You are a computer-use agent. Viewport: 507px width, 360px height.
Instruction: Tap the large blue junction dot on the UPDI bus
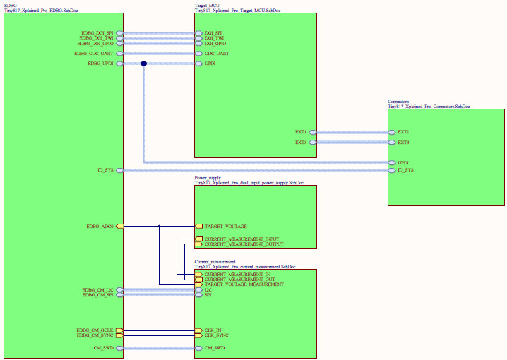[x=143, y=64]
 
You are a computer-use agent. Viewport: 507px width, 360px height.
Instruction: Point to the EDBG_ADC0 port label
[x=100, y=226]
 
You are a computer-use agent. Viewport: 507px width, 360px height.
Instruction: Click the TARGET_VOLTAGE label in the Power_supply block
[x=225, y=226]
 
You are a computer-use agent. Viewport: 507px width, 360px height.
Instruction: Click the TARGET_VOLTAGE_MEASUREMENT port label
[x=244, y=284]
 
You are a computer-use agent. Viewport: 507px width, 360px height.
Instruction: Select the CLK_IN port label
[x=213, y=330]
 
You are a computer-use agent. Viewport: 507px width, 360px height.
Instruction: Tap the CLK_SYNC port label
[x=216, y=335]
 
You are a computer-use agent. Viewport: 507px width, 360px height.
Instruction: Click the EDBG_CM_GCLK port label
[x=95, y=330]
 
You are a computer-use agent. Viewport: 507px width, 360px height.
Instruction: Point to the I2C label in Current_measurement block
[x=209, y=289]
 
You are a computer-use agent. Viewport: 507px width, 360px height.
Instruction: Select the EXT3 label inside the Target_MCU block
[x=301, y=143]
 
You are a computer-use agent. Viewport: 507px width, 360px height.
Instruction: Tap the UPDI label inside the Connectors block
[x=404, y=163]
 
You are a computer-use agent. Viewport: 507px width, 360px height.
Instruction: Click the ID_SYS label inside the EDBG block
[x=105, y=170]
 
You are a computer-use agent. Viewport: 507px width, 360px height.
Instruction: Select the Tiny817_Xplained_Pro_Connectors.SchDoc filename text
[x=429, y=107]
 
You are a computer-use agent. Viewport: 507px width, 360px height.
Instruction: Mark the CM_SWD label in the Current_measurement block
[x=215, y=348]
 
